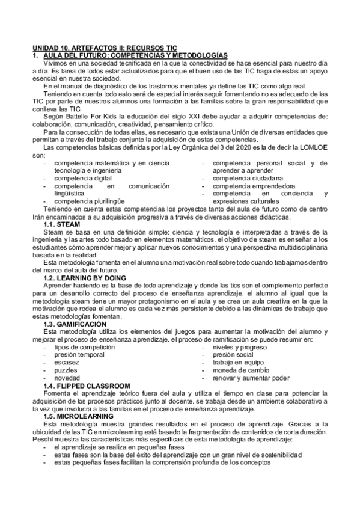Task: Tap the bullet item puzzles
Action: [66, 370]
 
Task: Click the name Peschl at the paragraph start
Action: [43, 440]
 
